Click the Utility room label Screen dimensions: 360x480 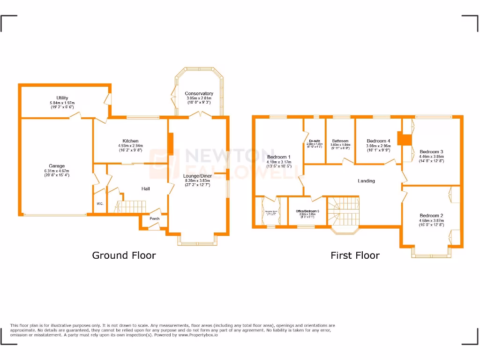click(x=62, y=98)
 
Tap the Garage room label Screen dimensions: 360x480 click(x=57, y=166)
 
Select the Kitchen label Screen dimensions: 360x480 click(x=130, y=141)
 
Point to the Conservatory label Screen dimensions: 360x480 click(x=199, y=93)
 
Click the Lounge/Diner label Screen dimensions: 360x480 click(x=197, y=176)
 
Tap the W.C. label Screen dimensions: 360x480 click(x=100, y=204)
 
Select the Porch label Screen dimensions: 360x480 click(x=154, y=219)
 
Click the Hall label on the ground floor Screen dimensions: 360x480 click(x=146, y=189)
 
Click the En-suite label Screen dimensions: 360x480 click(x=314, y=141)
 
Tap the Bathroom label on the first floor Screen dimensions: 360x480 click(x=340, y=141)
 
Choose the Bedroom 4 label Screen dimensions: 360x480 click(x=378, y=141)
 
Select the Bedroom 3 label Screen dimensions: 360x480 click(x=431, y=152)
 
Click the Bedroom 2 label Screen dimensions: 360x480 click(x=431, y=216)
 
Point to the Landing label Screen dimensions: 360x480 click(x=366, y=181)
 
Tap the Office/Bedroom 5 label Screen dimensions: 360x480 click(x=307, y=211)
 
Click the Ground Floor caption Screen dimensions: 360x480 click(x=124, y=255)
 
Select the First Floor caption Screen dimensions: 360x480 click(x=355, y=255)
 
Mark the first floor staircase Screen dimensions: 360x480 click(x=345, y=211)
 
